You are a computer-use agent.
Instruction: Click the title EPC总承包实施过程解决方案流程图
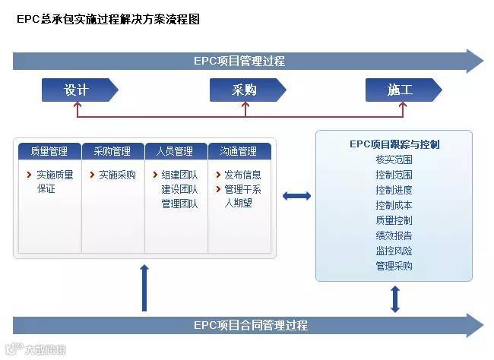coord(108,20)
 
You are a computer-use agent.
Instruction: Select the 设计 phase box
coord(78,90)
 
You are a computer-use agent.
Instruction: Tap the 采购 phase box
coord(245,90)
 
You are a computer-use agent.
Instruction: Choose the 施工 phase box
coord(400,90)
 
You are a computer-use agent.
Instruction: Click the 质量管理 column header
coord(49,151)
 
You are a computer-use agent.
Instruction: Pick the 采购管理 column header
coord(112,151)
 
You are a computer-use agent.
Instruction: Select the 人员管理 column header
coord(176,151)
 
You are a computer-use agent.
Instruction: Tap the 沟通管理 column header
coord(239,151)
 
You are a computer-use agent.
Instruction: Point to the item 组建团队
coord(179,175)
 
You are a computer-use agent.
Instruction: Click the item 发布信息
coord(242,175)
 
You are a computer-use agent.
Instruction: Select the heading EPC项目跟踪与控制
coord(394,144)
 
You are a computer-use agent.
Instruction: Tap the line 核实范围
coord(394,159)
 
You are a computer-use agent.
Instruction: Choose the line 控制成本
coord(394,205)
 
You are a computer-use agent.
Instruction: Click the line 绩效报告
coord(394,235)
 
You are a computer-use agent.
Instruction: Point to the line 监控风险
coord(394,251)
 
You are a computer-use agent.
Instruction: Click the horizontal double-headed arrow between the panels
coord(296,196)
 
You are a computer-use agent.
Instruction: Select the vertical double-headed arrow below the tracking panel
coord(394,298)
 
